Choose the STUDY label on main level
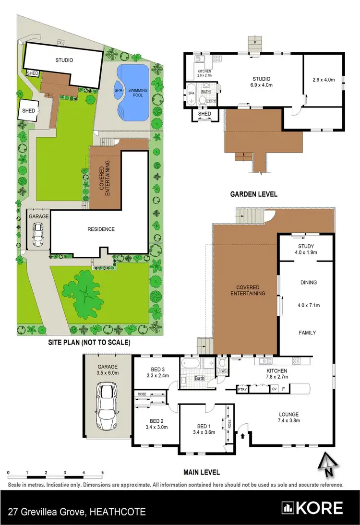click(305, 245)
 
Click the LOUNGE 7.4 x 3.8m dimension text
click(290, 421)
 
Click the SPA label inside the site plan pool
click(118, 90)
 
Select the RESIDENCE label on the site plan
click(101, 229)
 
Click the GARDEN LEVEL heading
click(254, 194)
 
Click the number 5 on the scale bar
click(102, 473)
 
